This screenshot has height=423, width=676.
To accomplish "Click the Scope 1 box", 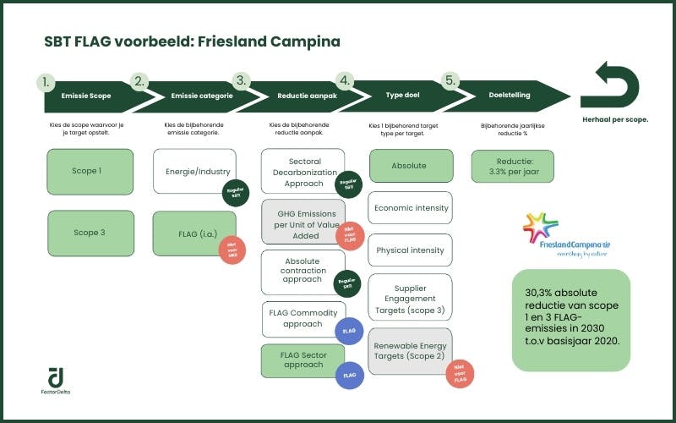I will tap(90, 171).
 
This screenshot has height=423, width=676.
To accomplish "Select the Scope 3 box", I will tap(90, 233).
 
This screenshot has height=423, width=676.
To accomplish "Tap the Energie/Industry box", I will tap(194, 172).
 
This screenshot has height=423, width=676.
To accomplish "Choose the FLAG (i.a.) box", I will tap(194, 233).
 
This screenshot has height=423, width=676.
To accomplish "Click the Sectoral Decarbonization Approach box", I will tap(302, 171).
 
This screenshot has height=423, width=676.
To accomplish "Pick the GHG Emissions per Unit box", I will tap(302, 222).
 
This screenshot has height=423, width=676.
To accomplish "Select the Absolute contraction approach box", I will tap(302, 272).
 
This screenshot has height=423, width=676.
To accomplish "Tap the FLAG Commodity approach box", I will tap(302, 319).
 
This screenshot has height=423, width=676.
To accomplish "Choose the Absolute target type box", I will tap(410, 166).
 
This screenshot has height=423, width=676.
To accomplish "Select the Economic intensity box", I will tap(410, 208).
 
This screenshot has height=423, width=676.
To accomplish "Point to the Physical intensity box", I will tap(410, 250).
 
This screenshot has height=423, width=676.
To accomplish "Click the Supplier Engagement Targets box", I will tap(410, 298).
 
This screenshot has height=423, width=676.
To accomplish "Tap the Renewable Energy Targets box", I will tap(410, 351).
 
